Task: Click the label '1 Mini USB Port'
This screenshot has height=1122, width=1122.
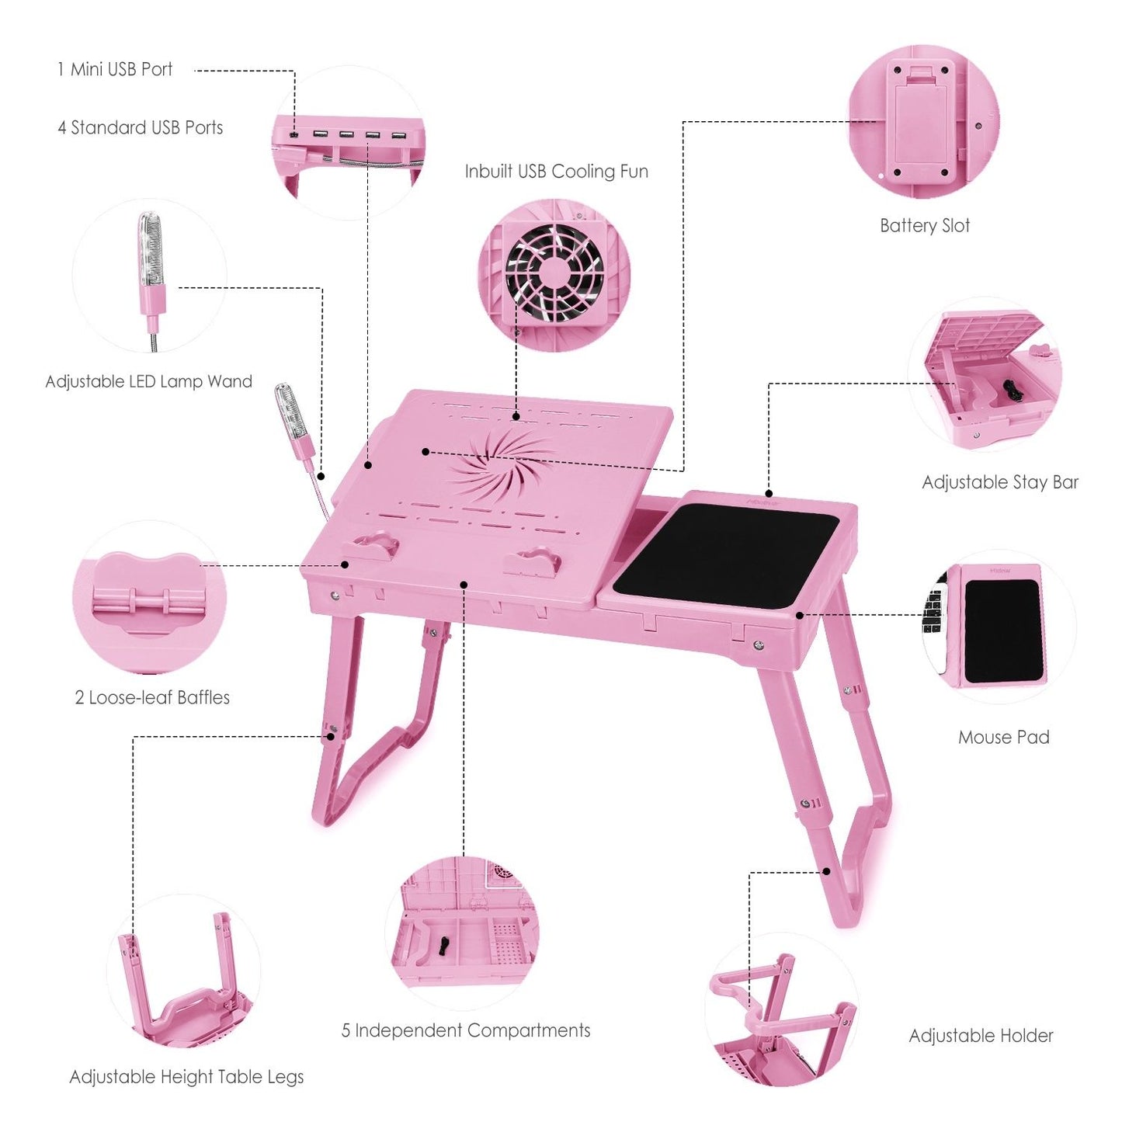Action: pyautogui.click(x=115, y=69)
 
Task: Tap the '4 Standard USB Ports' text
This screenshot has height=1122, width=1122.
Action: pyautogui.click(x=141, y=127)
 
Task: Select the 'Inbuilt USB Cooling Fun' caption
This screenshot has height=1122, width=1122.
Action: pyautogui.click(x=556, y=171)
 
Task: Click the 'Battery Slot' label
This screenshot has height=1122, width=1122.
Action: pyautogui.click(x=925, y=225)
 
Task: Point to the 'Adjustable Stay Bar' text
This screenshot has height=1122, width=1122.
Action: pyautogui.click(x=1000, y=482)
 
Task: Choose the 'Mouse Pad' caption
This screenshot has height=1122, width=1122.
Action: pyautogui.click(x=1004, y=737)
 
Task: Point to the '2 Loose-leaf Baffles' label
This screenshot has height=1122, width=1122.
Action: pyautogui.click(x=152, y=697)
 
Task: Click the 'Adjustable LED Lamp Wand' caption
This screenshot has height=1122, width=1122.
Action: pyautogui.click(x=148, y=381)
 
